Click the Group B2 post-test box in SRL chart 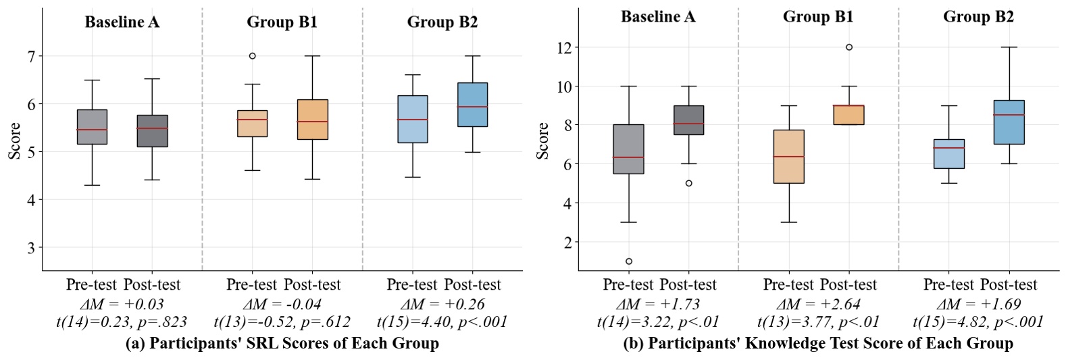coord(472,105)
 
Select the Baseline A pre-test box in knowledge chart coord(628,149)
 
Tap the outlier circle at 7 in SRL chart coord(253,56)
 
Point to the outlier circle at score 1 coord(629,261)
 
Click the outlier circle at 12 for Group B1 coord(849,47)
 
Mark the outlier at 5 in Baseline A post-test coord(689,183)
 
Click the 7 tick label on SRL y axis coord(31,56)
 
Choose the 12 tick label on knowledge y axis coord(564,48)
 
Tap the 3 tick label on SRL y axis coord(31,248)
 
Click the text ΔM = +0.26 coord(442,304)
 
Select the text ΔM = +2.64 coord(818,304)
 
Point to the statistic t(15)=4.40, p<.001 coord(442,322)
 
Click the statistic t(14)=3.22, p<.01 coord(659,322)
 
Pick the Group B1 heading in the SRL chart coord(282,22)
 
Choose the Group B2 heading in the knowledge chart coord(978,17)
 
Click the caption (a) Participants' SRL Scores coord(282,344)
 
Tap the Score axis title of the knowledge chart coord(542,140)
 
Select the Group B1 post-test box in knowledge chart coord(848,115)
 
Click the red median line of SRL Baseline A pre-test coord(92,130)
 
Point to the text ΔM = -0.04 coord(282,304)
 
